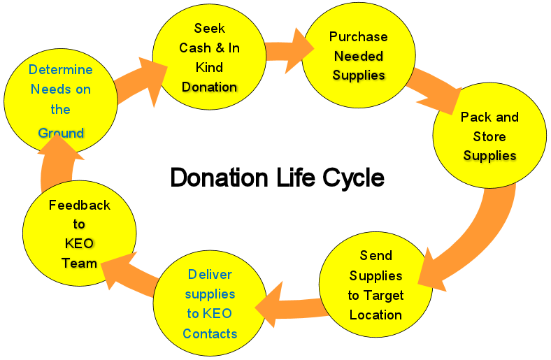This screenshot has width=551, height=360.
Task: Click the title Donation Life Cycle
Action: [277, 178]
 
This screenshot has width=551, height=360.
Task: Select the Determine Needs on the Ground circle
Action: [60, 99]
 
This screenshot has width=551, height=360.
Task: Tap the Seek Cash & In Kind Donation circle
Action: [208, 57]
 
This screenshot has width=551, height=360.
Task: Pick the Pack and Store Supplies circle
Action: [489, 136]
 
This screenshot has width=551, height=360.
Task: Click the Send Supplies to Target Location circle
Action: [375, 285]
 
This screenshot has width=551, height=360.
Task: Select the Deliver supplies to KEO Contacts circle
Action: [210, 303]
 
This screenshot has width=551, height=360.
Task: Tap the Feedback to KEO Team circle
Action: [79, 233]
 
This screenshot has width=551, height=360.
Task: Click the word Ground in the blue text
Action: [61, 133]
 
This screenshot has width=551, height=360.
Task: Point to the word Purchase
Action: [358, 36]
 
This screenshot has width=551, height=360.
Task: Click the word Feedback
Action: [79, 205]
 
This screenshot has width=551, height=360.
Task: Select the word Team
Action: [79, 263]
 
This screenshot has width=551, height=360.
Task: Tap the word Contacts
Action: [210, 333]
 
